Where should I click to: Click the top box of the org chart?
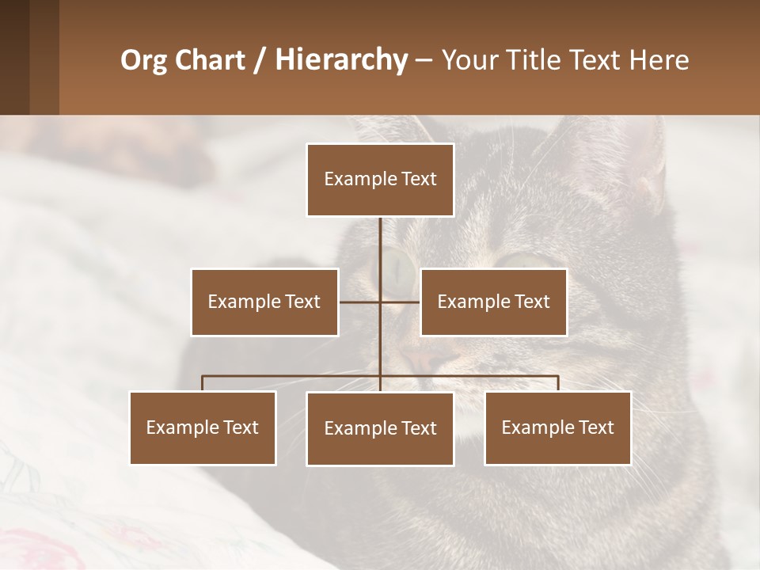point(380,180)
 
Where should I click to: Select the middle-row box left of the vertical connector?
point(264,302)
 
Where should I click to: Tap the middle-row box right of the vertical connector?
point(493,302)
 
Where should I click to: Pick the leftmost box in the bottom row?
point(203,427)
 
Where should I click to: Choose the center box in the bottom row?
point(380,428)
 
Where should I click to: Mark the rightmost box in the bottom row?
point(558,427)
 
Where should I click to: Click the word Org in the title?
point(142,60)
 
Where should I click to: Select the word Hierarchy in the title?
point(341,60)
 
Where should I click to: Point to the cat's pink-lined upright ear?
point(645,166)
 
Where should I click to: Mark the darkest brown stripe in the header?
point(14,57)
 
